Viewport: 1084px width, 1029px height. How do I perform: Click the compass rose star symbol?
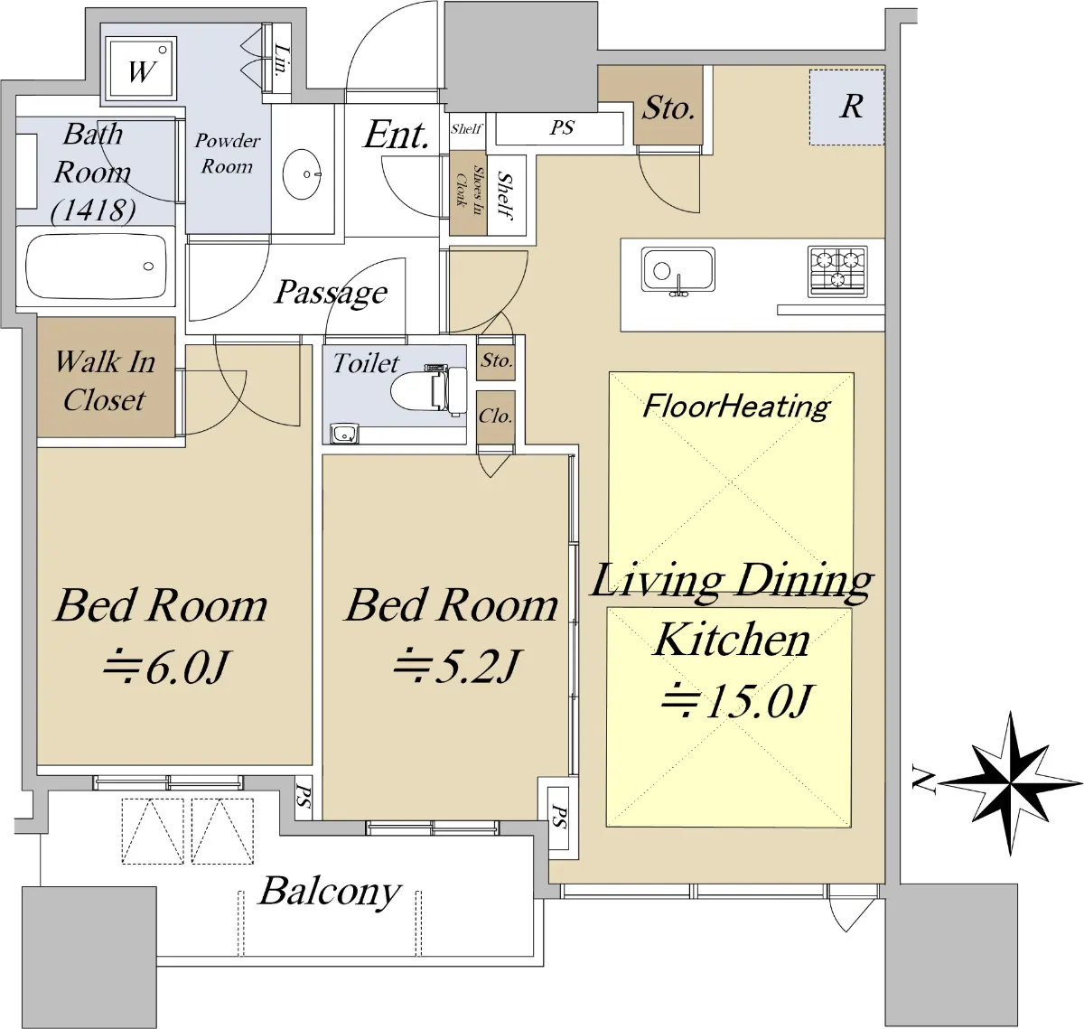click(1010, 783)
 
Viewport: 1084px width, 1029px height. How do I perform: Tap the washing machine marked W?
click(141, 69)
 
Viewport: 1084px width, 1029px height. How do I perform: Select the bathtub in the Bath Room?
click(97, 266)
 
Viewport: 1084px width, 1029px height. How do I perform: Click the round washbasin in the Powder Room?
click(302, 173)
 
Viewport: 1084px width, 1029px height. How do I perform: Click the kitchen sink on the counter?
click(678, 270)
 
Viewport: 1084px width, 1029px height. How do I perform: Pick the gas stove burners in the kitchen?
click(837, 271)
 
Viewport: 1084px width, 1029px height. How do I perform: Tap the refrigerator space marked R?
click(847, 107)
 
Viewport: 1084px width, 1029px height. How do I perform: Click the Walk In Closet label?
click(105, 381)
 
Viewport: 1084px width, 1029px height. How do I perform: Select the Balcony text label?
click(330, 891)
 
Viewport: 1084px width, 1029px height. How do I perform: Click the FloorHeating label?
click(736, 407)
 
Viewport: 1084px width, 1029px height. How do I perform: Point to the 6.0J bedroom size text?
click(165, 668)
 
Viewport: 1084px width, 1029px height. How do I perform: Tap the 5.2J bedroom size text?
click(456, 666)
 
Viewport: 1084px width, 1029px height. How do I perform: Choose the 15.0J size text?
click(737, 700)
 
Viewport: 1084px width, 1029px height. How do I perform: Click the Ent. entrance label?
click(396, 135)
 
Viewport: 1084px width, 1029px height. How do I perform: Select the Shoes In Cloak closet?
click(468, 193)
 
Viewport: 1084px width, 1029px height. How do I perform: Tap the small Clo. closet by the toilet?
click(496, 417)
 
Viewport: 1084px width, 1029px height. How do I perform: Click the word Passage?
click(331, 293)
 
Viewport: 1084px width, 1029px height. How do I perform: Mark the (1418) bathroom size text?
click(93, 210)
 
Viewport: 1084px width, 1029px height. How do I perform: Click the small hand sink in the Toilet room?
click(344, 434)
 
